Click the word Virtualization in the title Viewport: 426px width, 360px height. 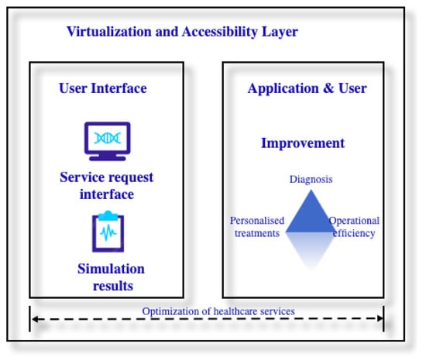pos(109,32)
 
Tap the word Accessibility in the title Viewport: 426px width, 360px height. pos(220,32)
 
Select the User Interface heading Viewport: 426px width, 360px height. pos(103,88)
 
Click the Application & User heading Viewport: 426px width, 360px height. pos(307,88)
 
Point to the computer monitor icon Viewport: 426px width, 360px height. pos(108,141)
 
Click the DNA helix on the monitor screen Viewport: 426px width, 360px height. pos(108,138)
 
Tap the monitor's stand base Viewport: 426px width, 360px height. pos(108,158)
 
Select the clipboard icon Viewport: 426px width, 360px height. pos(108,231)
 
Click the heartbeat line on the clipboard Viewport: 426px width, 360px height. pos(108,232)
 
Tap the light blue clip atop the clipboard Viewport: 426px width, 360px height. pos(108,215)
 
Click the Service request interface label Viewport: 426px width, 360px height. pos(107,186)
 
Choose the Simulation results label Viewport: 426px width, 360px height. pos(112,277)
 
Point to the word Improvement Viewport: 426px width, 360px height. pos(303,143)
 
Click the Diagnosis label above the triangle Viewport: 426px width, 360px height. pos(311,180)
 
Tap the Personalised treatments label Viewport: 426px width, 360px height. pos(257,227)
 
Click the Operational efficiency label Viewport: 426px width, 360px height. pos(354,227)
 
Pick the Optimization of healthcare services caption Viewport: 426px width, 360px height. pos(218,311)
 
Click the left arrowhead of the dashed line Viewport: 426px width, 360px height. pos(35,319)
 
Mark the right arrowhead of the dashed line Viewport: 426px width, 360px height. pos(380,318)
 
